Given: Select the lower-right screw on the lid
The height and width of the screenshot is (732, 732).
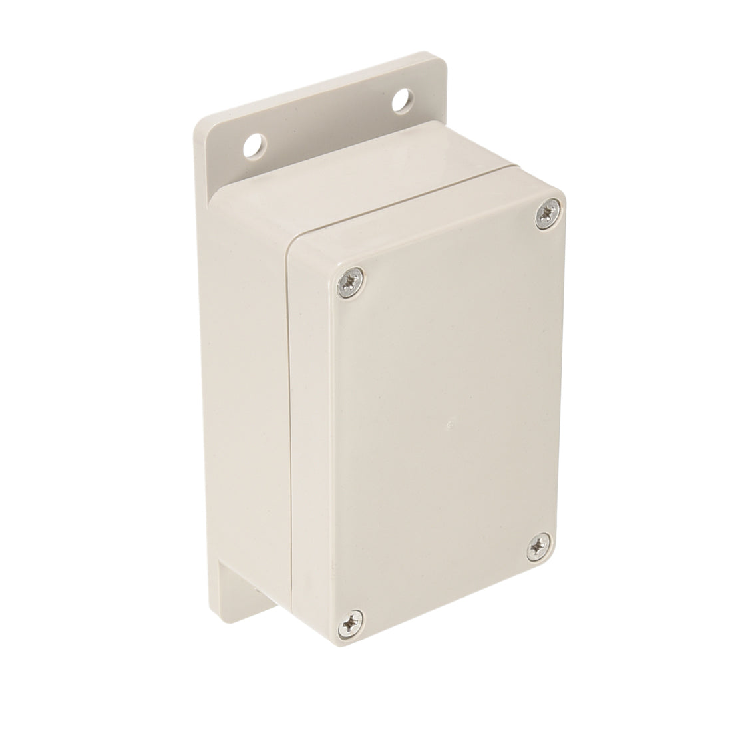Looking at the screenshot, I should tap(536, 548).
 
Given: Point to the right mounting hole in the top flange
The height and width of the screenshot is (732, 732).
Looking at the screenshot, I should tap(401, 101).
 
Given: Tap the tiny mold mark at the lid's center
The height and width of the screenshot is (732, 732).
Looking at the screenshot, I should tap(451, 423).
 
